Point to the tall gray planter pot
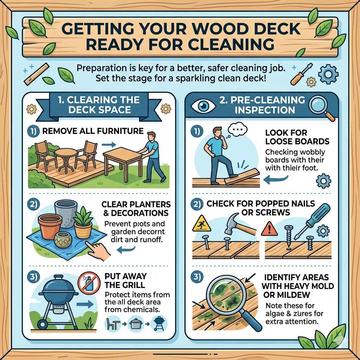[x=65, y=212]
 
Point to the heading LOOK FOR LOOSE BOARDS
[x=297, y=137]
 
